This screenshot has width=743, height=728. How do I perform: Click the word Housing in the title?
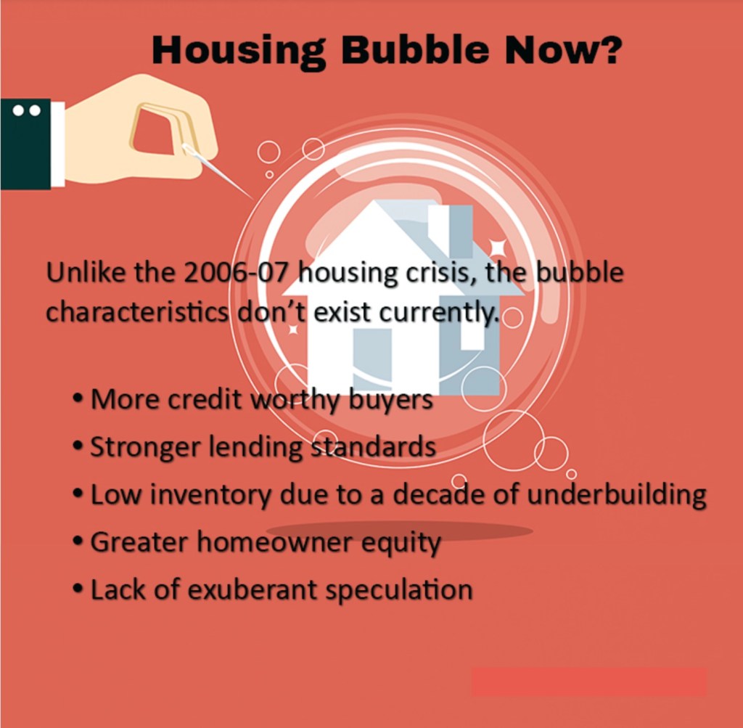click(238, 51)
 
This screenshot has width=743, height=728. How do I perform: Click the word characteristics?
click(137, 312)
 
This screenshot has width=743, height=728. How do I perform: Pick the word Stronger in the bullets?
click(145, 447)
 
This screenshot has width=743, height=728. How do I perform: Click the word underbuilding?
click(617, 494)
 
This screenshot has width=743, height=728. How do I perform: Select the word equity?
click(401, 543)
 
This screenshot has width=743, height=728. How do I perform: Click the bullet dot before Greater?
click(78, 541)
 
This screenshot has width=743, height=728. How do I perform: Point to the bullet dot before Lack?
click(78, 589)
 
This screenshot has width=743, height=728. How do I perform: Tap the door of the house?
click(372, 360)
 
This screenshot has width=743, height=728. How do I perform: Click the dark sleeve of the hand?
click(25, 144)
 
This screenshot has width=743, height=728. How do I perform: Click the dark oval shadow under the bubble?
click(400, 531)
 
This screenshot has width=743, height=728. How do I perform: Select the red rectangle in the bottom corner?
click(588, 682)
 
